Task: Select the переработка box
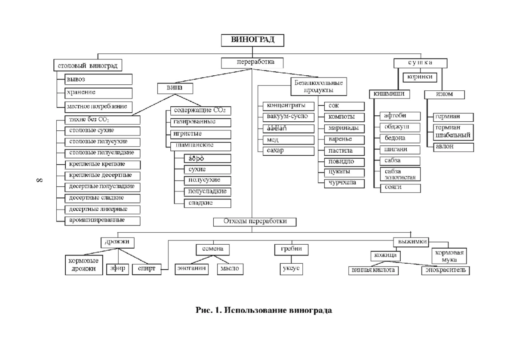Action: (x=253, y=63)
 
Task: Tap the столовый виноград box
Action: (x=88, y=65)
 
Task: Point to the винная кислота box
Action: (x=373, y=271)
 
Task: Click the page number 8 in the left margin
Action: (x=38, y=180)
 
